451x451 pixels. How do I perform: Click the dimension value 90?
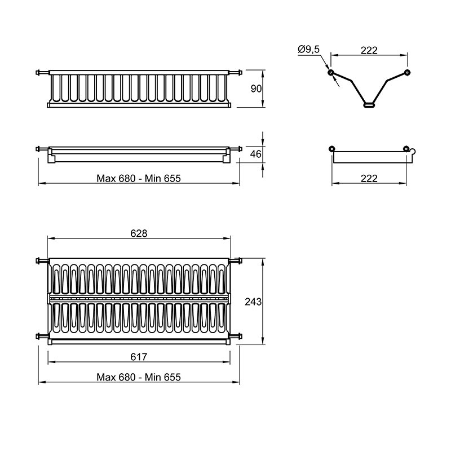point(256,89)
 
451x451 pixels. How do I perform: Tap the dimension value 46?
point(256,154)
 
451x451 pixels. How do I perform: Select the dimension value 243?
point(253,302)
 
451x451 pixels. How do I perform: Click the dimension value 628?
point(139,233)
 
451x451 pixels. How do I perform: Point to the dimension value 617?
point(139,357)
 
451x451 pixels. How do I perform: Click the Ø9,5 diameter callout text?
point(309,50)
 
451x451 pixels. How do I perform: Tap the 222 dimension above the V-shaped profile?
point(369,50)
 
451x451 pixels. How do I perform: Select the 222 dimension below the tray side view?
point(369,178)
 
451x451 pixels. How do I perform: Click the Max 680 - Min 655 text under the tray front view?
point(139,178)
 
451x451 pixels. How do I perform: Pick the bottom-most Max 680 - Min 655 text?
point(139,377)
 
